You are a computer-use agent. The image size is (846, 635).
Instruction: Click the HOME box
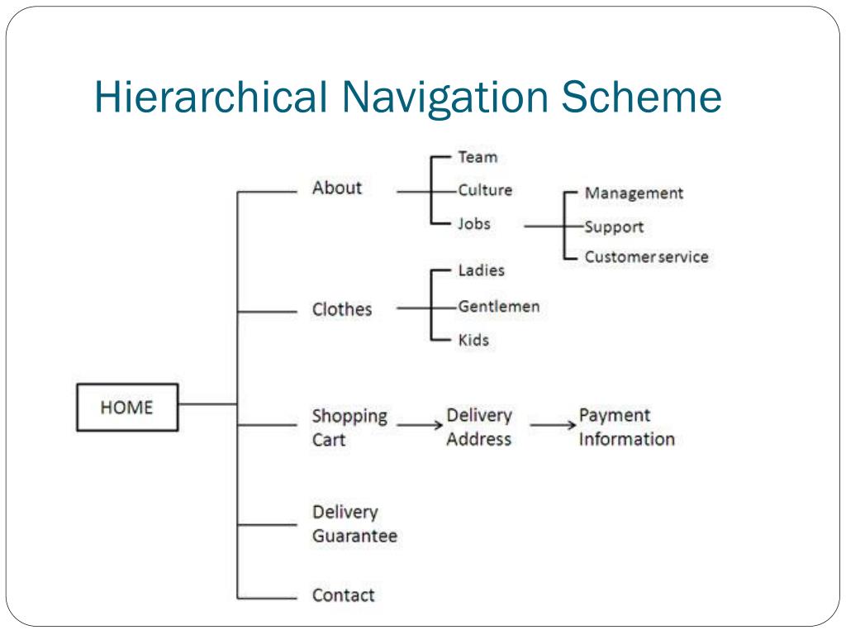tap(126, 407)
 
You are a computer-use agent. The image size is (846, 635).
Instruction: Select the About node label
tap(336, 188)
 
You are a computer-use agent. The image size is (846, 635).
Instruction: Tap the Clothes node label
tap(341, 309)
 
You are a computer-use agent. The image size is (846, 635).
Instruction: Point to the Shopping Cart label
tap(349, 427)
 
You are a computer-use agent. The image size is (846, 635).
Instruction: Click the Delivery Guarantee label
tap(354, 524)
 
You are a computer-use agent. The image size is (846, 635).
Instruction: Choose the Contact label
tap(343, 594)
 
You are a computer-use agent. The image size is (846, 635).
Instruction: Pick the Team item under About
tap(478, 156)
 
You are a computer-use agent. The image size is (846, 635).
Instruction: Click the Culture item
tap(485, 190)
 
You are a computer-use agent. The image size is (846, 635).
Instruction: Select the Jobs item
tap(474, 223)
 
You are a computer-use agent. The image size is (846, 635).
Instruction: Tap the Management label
tap(634, 193)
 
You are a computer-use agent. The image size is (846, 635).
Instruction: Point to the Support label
tap(614, 227)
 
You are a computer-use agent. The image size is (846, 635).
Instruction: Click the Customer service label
tap(646, 257)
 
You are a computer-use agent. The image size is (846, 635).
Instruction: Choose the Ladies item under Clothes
tap(481, 270)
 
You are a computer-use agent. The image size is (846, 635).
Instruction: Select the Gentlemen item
tap(499, 307)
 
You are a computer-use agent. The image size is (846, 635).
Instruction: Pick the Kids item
tap(473, 340)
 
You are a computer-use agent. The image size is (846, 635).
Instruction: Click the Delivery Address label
tap(479, 427)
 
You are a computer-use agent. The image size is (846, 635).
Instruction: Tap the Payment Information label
tap(626, 427)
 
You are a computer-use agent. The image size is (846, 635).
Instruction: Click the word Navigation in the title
tap(442, 97)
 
